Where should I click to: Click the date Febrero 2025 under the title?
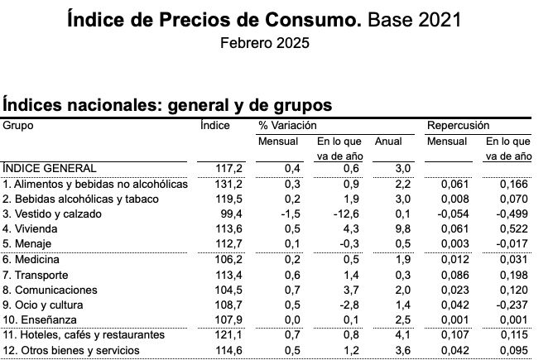click(265, 42)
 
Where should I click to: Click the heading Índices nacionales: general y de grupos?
click(167, 105)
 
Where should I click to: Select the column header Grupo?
click(18, 125)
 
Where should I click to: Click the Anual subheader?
click(388, 141)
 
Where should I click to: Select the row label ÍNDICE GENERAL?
click(43, 167)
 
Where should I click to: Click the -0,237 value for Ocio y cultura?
click(512, 304)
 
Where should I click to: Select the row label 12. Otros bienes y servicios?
click(70, 350)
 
